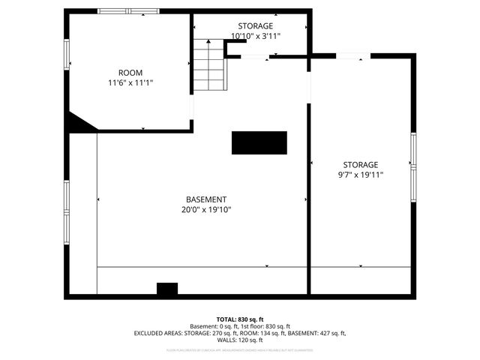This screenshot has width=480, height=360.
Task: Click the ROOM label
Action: coord(131,73)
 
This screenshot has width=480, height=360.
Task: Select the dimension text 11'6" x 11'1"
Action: coord(131,82)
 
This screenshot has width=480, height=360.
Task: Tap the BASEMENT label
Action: coord(206,199)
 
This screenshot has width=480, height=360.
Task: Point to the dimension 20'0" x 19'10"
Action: coord(206,209)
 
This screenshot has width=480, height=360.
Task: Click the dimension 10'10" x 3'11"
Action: coord(256,35)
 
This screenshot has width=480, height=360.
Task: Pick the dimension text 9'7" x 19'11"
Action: coord(361,175)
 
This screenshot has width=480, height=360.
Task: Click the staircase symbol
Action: coord(209,64)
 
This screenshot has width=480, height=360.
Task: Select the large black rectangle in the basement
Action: coord(259,142)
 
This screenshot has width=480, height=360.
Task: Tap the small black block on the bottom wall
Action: coord(166,289)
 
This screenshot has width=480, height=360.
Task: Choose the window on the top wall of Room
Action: coord(129,11)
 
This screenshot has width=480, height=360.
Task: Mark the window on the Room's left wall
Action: coord(67,54)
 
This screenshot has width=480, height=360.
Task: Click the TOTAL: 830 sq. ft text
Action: coord(240,319)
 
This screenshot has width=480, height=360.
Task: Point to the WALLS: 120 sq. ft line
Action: coord(240,340)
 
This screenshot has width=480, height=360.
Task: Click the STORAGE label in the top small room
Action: coord(256,26)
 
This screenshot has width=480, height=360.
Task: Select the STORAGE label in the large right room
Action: coord(361,165)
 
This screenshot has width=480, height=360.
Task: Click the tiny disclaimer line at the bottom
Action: coord(240,350)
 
